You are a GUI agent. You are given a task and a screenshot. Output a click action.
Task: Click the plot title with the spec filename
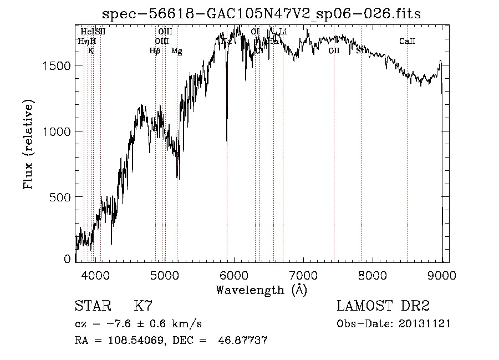coord(263,14)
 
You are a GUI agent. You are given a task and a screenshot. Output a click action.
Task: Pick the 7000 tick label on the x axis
coord(303,274)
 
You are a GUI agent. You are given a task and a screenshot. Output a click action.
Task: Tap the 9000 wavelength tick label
coord(442,274)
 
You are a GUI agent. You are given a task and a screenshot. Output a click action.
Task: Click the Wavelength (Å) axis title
coord(261,290)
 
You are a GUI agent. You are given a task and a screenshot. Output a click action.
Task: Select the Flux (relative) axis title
coord(28,144)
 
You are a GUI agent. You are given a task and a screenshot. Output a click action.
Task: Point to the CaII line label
coord(408,42)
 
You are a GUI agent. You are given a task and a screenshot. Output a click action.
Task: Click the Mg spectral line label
coord(176,51)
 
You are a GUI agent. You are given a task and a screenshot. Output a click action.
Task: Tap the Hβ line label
coord(155,51)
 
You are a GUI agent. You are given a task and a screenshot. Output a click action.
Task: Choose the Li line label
coord(283,32)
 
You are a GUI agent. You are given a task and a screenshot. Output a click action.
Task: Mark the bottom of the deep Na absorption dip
coord(227,145)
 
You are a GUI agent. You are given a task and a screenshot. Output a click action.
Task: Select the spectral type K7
coord(143,306)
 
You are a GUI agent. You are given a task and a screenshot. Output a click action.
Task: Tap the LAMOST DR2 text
coord(383,306)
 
